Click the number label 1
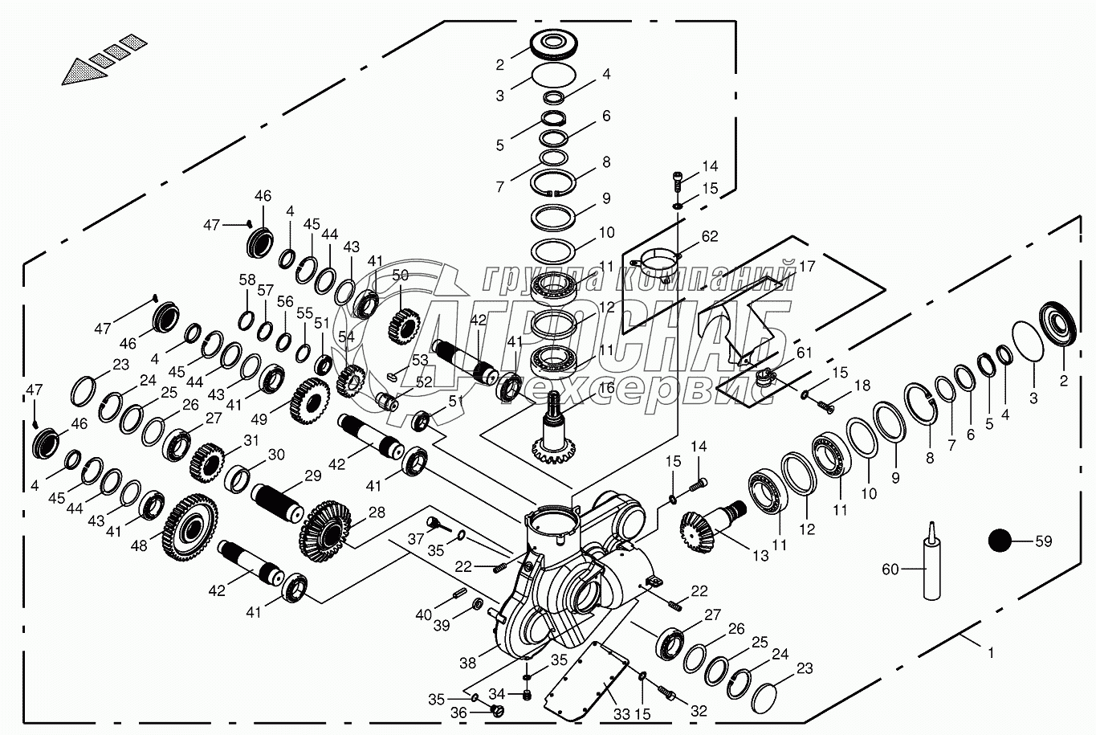992,653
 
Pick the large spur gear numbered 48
189,528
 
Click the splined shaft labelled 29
279,504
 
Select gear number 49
309,402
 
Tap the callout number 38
468,663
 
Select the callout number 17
807,266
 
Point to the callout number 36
458,713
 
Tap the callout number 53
420,360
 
